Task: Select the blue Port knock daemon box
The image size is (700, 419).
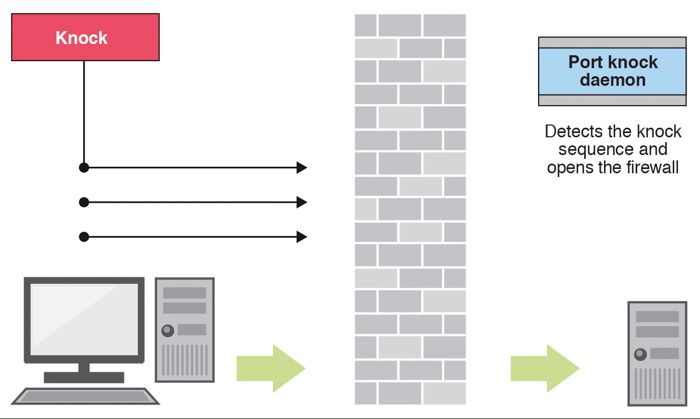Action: (612, 71)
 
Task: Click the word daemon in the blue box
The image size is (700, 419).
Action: (613, 80)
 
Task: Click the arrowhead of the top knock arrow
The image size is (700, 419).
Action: (302, 168)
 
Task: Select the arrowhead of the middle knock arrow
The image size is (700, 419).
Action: (302, 202)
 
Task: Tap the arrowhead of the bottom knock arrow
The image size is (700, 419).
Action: (302, 237)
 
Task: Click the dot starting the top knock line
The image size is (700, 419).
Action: (84, 168)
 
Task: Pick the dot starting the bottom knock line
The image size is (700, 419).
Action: (84, 237)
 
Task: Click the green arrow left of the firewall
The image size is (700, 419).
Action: (271, 369)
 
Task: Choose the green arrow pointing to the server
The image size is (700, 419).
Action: (544, 369)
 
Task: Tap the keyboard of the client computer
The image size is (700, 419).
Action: (86, 396)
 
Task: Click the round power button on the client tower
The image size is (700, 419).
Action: (168, 330)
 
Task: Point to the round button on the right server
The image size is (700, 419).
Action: (640, 354)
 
